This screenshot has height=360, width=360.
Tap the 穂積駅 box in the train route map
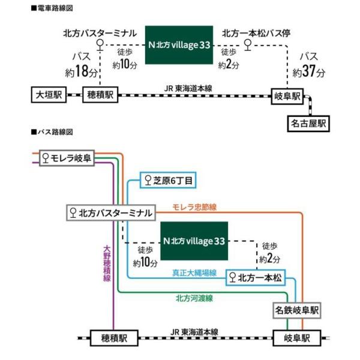(101, 94)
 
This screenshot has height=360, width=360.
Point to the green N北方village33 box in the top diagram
(179, 44)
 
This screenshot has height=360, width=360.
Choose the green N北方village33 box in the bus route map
(194, 241)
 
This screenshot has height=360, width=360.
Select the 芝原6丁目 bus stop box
(168, 180)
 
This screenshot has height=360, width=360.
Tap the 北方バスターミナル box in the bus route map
(111, 212)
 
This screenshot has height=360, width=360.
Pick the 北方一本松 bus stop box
(255, 277)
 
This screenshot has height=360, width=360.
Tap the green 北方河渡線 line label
(196, 297)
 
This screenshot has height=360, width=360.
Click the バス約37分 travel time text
(310, 64)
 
